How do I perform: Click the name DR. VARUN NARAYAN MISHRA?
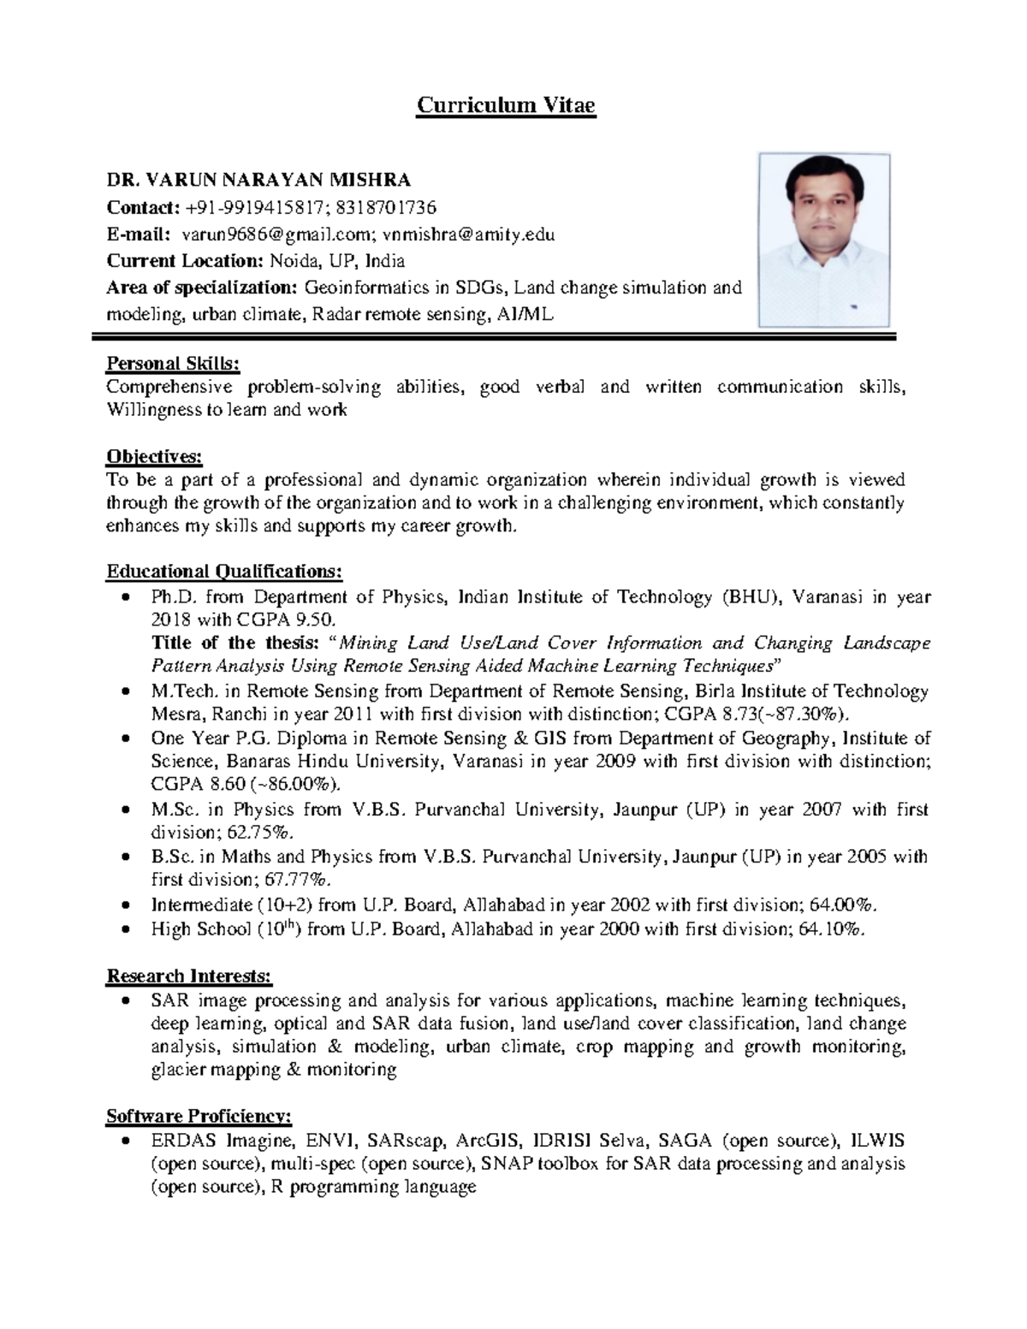click(258, 180)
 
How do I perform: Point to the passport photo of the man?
click(824, 240)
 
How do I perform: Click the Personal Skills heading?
click(173, 364)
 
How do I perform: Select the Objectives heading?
click(154, 457)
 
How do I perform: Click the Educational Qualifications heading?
click(224, 571)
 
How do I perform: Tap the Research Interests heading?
click(189, 976)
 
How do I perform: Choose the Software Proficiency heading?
click(199, 1116)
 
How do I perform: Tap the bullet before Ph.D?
click(127, 597)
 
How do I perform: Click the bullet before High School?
click(127, 929)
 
